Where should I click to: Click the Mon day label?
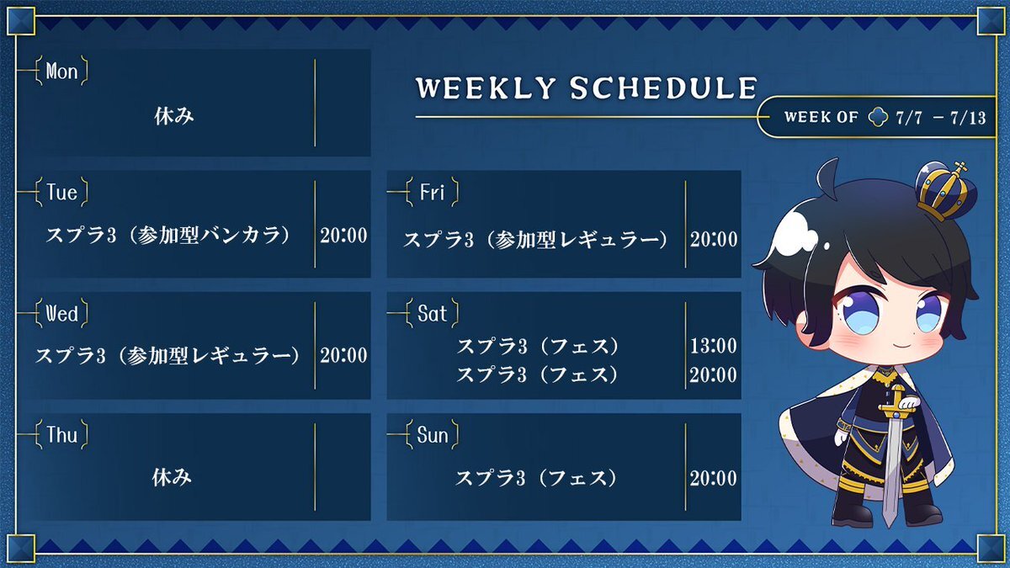click(x=61, y=72)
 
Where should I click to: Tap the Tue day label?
click(x=61, y=193)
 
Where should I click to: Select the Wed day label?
click(x=61, y=314)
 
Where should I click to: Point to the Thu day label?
click(x=61, y=435)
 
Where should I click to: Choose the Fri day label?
click(x=432, y=193)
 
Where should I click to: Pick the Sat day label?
click(x=432, y=314)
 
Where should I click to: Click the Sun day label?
click(x=433, y=435)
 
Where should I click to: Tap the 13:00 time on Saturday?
click(x=714, y=346)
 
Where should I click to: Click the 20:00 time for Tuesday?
click(x=343, y=236)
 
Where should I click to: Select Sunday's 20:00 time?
click(x=714, y=478)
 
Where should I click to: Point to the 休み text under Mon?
click(x=174, y=116)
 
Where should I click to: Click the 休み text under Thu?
click(x=172, y=477)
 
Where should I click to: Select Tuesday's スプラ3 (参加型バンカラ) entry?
click(x=167, y=236)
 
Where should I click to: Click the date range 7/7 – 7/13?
click(x=941, y=118)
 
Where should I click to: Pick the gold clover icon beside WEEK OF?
click(x=878, y=117)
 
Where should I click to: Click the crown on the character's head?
click(x=945, y=191)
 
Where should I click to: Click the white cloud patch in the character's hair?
click(x=797, y=232)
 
